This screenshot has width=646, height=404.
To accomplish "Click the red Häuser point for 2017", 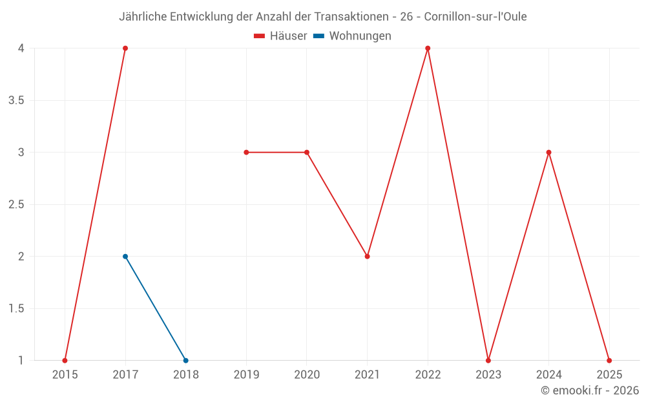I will [125, 48].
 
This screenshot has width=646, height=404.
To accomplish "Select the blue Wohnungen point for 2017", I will [125, 257].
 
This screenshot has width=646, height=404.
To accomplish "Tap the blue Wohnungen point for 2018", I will [186, 361].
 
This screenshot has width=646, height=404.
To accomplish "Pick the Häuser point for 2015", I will [65, 361].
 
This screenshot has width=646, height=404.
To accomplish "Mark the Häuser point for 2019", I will [246, 153].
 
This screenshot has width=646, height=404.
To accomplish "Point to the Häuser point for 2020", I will [307, 153].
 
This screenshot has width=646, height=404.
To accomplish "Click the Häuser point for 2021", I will [368, 257].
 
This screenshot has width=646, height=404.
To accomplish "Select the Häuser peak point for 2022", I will [428, 48].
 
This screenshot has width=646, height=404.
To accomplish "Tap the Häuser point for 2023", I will [488, 361].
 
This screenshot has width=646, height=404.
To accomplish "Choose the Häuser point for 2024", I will [549, 153].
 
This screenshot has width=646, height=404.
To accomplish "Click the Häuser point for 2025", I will [609, 361].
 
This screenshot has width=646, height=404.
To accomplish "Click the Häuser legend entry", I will [281, 36].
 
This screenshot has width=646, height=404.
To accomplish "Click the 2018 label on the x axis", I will [186, 374].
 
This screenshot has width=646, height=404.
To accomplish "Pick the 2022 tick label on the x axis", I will [428, 374].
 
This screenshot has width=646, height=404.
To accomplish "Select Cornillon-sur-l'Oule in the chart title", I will [475, 17].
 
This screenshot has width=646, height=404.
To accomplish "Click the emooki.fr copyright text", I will [590, 390].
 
